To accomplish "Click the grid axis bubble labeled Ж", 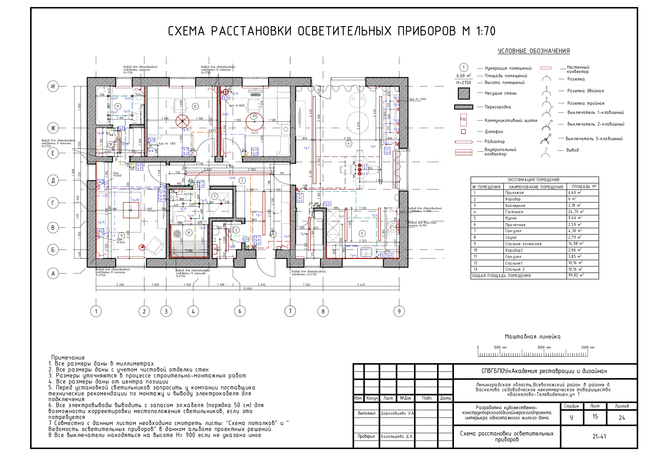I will coord(53,128).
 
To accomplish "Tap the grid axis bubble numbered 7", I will coord(290,311).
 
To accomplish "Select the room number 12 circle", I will coord(195,106).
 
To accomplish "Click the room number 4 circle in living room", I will coord(348,143).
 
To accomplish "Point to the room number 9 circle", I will coord(121,236).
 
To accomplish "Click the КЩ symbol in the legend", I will coord(463,119).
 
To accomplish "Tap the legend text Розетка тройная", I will coord(586,103).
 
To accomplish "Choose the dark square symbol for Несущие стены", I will coord(464,93).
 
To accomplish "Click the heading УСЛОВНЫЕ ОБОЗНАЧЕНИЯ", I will coord(533,51).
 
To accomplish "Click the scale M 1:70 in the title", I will coord(479,31).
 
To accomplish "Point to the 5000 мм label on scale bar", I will coord(588,347).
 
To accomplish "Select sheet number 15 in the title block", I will coord(595,416).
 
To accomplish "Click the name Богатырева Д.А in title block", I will coord(396,436).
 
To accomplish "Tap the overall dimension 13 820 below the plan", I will coord(247,289).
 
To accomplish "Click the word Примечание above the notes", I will coord(68,357).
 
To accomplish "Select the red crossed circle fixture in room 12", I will coord(182,121).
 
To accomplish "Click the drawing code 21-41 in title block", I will coord(599,436).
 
